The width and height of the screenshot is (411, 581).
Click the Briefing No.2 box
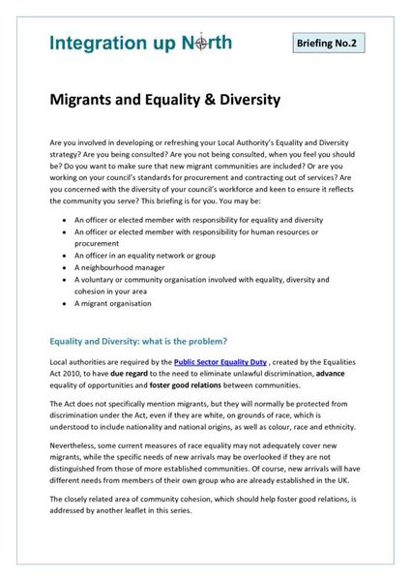point(330,43)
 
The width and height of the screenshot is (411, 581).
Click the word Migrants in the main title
point(91,99)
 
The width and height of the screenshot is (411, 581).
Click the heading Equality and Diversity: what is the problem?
point(138,340)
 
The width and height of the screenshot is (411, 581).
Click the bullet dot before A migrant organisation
point(62,304)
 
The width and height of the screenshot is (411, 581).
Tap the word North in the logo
point(208,44)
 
